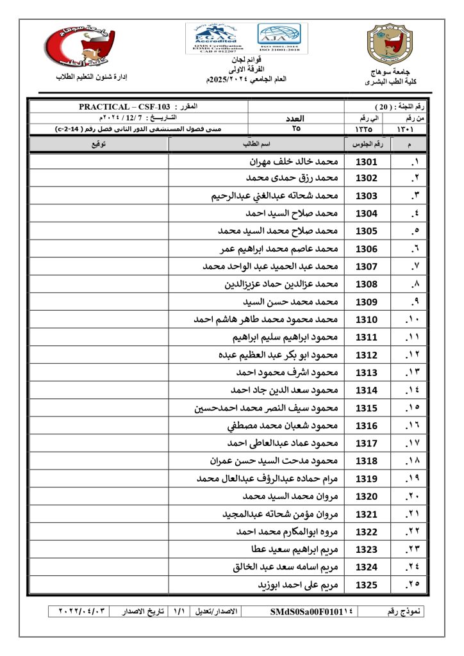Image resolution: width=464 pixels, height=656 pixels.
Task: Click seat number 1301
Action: click(367, 161)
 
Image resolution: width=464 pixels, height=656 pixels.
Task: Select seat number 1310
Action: click(367, 319)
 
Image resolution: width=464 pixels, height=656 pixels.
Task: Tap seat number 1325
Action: click(367, 584)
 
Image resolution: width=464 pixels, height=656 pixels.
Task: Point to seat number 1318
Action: click(367, 461)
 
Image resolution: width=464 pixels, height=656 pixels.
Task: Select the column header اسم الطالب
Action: click(256, 143)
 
